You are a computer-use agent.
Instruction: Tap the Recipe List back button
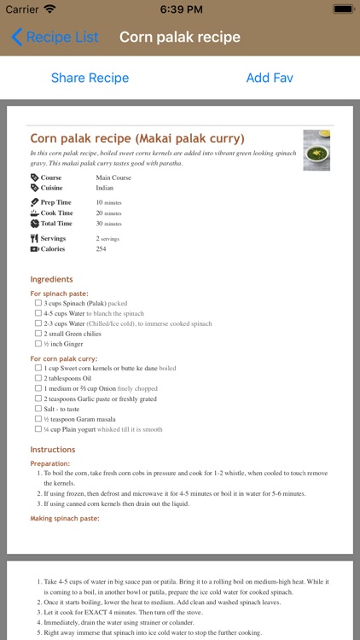[x=55, y=38]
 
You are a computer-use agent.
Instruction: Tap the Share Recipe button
[x=90, y=78]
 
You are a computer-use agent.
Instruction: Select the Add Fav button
[x=270, y=78]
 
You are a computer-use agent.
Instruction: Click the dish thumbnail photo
[x=316, y=150]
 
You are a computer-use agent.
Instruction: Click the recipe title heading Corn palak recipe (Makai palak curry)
[x=137, y=138]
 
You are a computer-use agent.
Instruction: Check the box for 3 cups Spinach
[x=38, y=303]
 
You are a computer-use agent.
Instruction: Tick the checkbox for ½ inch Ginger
[x=38, y=344]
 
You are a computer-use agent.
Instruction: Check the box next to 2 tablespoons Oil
[x=38, y=378]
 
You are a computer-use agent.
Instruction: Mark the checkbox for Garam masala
[x=38, y=419]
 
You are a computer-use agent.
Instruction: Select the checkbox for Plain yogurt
[x=38, y=429]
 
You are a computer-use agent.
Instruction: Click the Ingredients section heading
[x=51, y=279]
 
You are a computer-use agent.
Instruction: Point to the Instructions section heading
[x=53, y=450]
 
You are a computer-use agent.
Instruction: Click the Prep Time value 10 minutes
[x=108, y=202]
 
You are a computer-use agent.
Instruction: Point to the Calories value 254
[x=101, y=249]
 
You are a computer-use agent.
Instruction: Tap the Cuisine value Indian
[x=104, y=188]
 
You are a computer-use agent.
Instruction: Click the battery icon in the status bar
[x=342, y=9]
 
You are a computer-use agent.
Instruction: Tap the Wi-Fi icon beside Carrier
[x=49, y=9]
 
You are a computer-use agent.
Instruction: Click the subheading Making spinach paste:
[x=65, y=518]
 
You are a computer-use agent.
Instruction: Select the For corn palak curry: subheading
[x=64, y=359]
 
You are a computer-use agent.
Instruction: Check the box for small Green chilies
[x=38, y=334]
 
